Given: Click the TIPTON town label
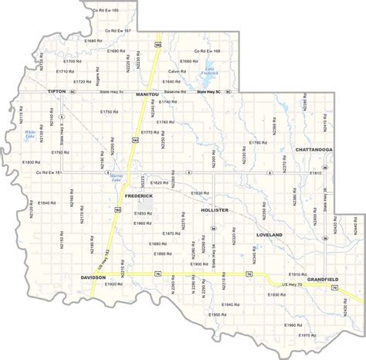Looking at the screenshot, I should coord(57,91).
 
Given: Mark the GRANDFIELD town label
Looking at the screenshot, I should coord(324,277).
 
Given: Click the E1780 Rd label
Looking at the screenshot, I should coord(259,143).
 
